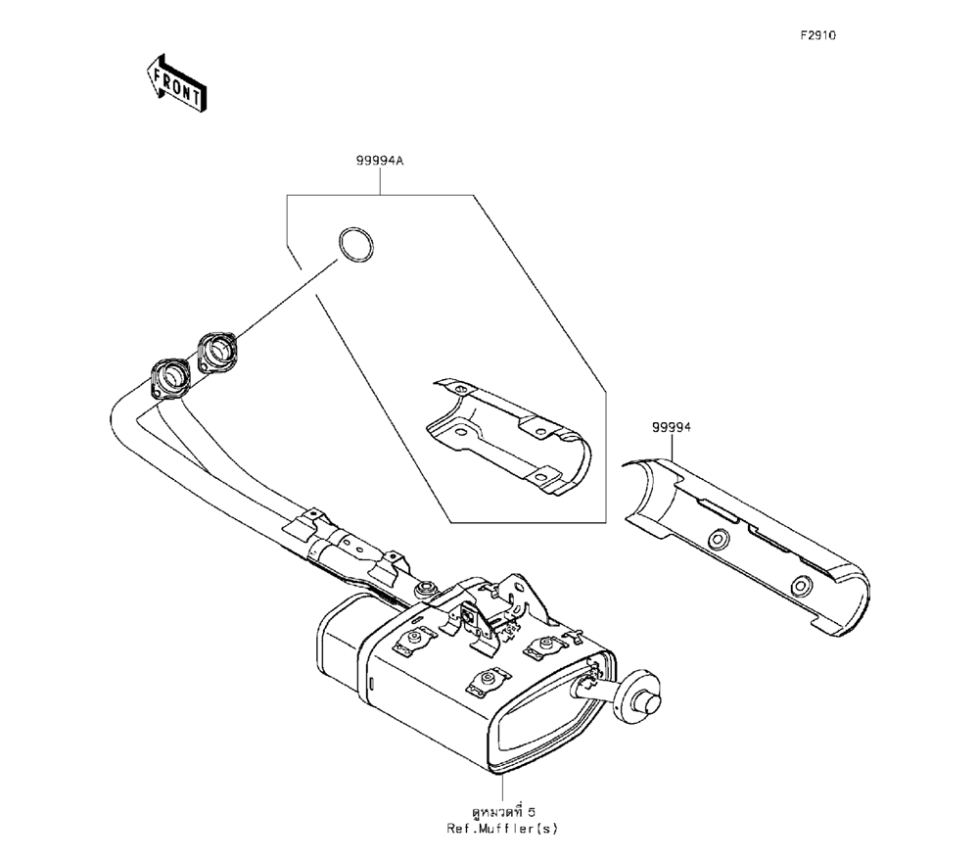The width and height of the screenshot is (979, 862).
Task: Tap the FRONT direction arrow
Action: (x=175, y=82)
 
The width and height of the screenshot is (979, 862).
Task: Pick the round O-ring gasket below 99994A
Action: (x=354, y=245)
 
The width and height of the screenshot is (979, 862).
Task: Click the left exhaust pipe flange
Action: (x=170, y=378)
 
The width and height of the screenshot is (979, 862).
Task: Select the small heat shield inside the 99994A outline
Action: (x=508, y=432)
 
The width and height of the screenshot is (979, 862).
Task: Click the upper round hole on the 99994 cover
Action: (x=721, y=539)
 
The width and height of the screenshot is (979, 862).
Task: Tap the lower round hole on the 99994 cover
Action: (x=801, y=586)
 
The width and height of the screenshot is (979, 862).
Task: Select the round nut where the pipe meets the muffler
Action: (x=427, y=589)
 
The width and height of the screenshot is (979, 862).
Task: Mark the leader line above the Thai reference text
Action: (x=502, y=784)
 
